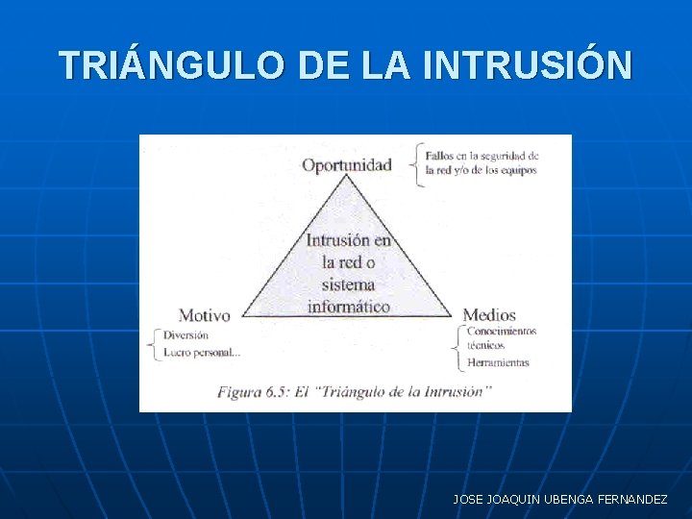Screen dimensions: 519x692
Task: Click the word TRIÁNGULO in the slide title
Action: pyautogui.click(x=170, y=65)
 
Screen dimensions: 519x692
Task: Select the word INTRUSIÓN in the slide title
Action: pyautogui.click(x=527, y=65)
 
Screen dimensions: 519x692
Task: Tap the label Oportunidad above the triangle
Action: pyautogui.click(x=347, y=164)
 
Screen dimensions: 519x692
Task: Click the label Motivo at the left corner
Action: pyautogui.click(x=204, y=315)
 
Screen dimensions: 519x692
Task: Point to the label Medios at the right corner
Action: pyautogui.click(x=489, y=315)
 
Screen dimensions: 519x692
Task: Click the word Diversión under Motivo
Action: pyautogui.click(x=185, y=335)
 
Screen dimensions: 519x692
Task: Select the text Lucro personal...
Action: pyautogui.click(x=202, y=353)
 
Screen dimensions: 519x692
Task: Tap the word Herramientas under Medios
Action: pyautogui.click(x=498, y=362)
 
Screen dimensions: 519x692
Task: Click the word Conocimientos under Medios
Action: pyautogui.click(x=501, y=332)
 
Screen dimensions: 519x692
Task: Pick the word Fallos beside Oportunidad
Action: pyautogui.click(x=441, y=155)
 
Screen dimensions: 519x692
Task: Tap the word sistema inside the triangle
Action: pyautogui.click(x=348, y=284)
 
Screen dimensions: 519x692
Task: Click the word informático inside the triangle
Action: pyautogui.click(x=348, y=307)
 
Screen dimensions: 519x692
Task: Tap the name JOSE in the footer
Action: pyautogui.click(x=468, y=500)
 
